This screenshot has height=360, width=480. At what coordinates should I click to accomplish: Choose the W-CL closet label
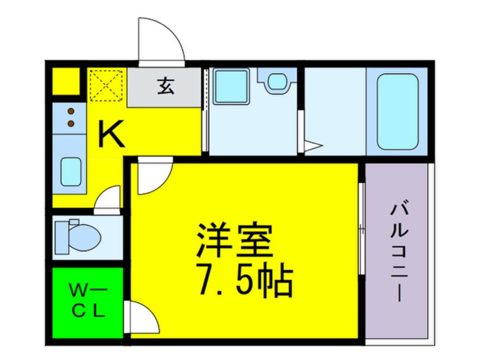87,302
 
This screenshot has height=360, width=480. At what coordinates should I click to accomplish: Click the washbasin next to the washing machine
276,81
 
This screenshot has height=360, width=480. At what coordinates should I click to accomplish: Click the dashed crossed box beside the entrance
106,85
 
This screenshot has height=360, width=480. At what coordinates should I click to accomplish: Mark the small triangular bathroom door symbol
311,146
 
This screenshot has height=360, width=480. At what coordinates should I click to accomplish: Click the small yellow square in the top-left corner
66,81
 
